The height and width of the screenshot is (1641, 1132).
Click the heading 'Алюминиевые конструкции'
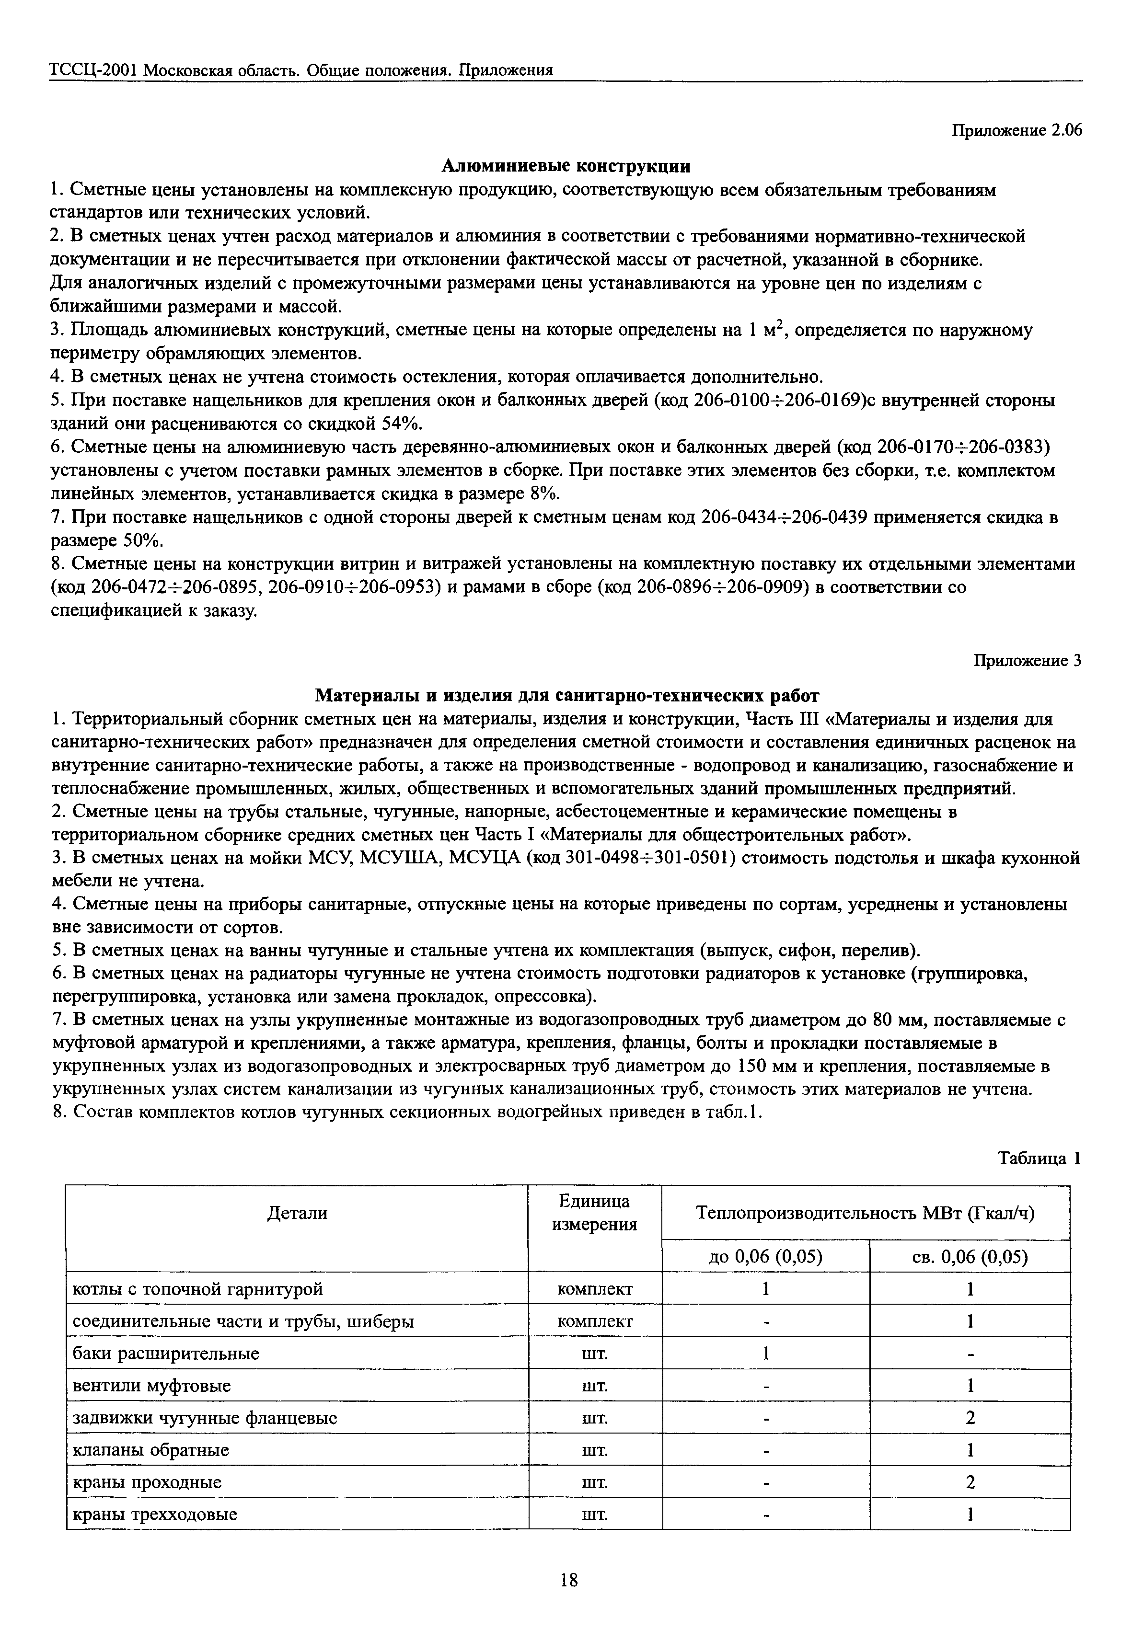[x=566, y=166]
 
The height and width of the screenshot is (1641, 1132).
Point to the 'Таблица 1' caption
[x=1039, y=1158]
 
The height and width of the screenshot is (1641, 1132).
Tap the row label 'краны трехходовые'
[x=155, y=1515]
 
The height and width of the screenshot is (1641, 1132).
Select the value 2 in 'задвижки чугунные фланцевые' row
[x=970, y=1418]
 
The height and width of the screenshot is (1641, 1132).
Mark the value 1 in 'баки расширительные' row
[x=765, y=1353]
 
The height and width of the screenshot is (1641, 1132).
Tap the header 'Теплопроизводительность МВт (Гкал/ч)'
[x=865, y=1213]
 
